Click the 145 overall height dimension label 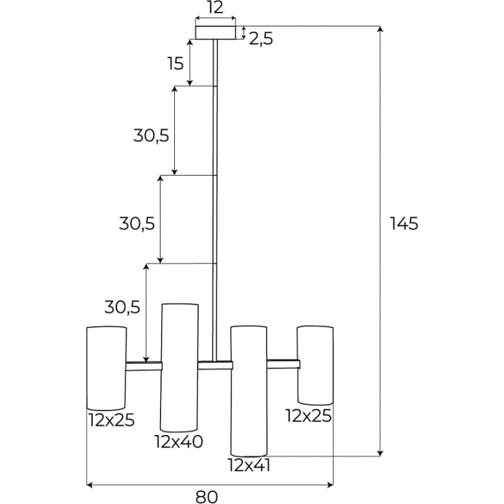point(404,224)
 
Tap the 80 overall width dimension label point(207,497)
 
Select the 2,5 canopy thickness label point(261,39)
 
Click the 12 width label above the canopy point(215,8)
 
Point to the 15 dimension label point(176,63)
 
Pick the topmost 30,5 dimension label point(151,136)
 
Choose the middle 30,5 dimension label point(137,223)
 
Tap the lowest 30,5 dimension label point(122,307)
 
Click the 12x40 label point(179,442)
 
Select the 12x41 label point(249,465)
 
